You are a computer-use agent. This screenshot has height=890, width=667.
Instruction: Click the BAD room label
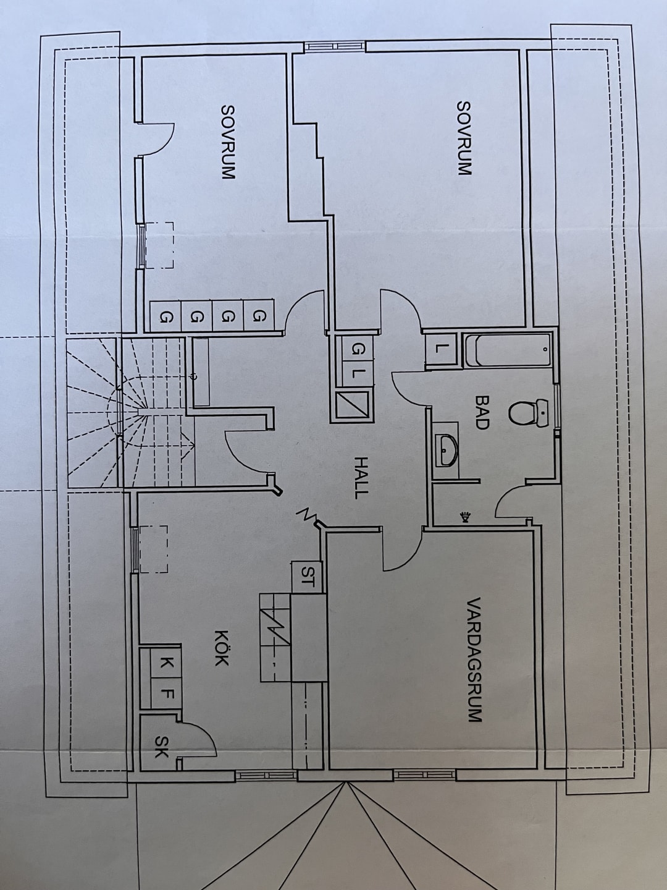point(482,412)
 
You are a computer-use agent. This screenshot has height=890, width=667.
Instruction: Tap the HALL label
point(361,477)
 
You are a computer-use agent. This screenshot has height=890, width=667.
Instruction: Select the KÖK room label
point(221,647)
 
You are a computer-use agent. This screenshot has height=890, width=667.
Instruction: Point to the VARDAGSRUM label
point(474,659)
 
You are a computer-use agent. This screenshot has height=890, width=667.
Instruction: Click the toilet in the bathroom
point(529,412)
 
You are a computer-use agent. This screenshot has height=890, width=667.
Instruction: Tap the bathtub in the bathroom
point(508,350)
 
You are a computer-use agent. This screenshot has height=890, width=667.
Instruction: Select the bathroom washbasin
point(446,450)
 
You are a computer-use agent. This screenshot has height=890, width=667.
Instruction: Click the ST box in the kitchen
point(307,577)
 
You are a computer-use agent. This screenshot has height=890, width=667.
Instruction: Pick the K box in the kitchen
point(166,663)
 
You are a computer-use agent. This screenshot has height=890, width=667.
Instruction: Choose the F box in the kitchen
point(166,693)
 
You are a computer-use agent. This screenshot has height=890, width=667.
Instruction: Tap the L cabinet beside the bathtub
point(440,349)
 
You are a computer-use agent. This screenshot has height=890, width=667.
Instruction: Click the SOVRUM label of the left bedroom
point(228,142)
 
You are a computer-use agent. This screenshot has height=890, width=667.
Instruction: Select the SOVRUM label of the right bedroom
point(464,138)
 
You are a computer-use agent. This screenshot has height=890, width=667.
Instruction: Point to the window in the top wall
point(333,46)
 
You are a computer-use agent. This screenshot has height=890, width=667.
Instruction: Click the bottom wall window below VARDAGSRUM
point(424,774)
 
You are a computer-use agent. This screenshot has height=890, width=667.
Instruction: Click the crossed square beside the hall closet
point(353,406)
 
